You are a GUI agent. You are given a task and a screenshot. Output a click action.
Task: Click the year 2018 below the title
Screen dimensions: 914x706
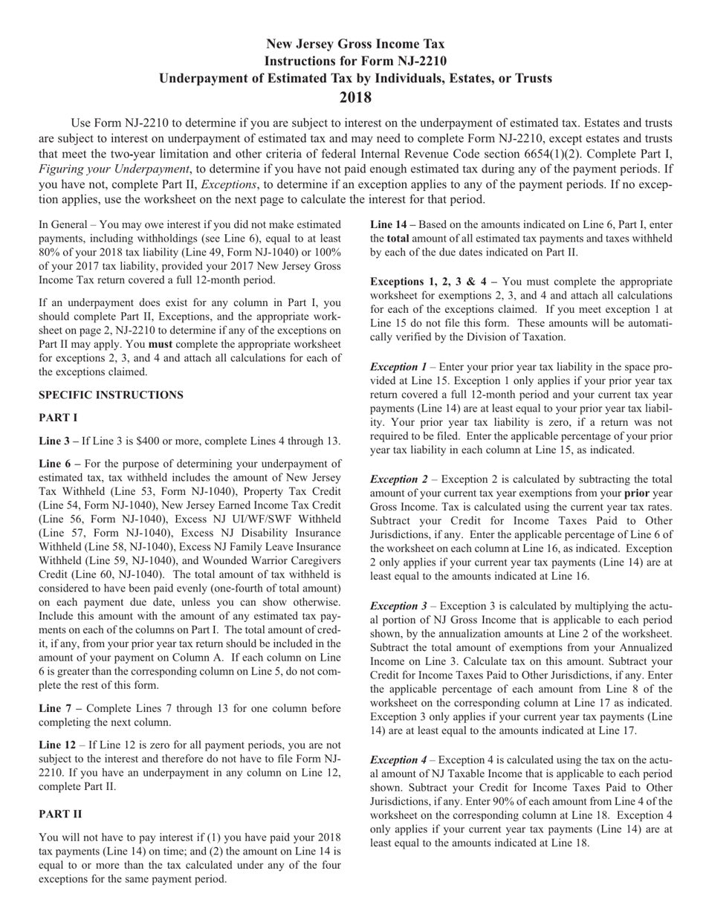click(x=355, y=97)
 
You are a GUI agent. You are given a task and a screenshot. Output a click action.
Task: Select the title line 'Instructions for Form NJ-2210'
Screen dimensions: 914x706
click(x=355, y=62)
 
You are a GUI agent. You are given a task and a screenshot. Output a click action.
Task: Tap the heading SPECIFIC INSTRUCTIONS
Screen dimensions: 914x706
click(x=111, y=395)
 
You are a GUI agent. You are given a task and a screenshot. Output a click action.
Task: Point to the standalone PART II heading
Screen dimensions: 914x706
click(x=59, y=814)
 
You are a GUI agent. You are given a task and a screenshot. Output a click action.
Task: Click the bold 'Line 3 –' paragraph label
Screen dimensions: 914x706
click(x=59, y=441)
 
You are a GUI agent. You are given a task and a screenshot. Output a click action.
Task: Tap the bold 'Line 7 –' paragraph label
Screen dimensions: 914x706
click(x=59, y=708)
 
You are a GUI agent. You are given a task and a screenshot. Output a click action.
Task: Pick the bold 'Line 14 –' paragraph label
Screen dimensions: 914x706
click(x=392, y=224)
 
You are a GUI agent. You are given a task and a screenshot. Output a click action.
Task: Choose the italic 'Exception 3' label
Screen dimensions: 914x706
click(x=398, y=606)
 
